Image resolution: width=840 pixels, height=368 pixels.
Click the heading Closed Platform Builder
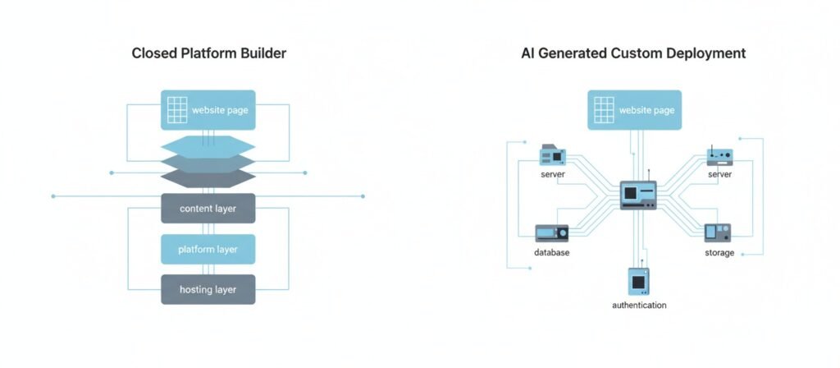(x=208, y=53)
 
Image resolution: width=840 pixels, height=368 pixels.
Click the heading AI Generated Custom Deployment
(x=633, y=53)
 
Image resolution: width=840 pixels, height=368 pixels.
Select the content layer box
(x=208, y=209)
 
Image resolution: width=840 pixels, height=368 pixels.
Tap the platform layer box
(x=208, y=249)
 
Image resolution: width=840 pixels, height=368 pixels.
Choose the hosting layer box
(x=208, y=289)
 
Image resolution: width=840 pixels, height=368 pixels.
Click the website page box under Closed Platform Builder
(x=208, y=110)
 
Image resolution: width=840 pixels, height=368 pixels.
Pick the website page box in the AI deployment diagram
(x=634, y=110)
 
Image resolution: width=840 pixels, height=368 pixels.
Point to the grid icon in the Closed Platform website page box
(x=177, y=110)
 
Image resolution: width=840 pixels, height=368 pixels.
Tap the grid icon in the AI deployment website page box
(x=604, y=110)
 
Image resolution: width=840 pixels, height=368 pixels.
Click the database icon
(x=551, y=232)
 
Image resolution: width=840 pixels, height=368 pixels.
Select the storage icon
(x=718, y=232)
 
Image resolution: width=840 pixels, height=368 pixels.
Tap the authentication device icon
(x=639, y=281)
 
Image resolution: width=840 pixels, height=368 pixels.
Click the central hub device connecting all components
(x=637, y=195)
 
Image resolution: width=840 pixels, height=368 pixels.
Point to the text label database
(x=551, y=252)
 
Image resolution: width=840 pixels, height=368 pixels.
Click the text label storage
(x=719, y=252)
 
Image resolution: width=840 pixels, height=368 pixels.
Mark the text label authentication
(x=639, y=305)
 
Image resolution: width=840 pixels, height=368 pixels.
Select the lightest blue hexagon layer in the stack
(x=208, y=146)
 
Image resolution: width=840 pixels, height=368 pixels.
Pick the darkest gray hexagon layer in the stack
(x=208, y=178)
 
